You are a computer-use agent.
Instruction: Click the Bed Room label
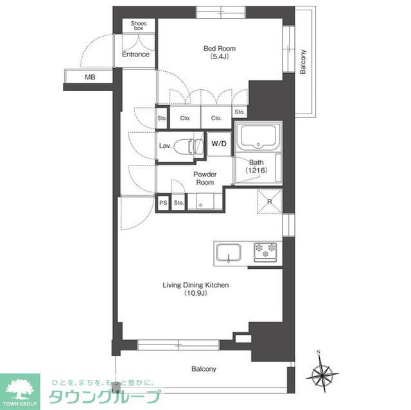pyautogui.click(x=220, y=48)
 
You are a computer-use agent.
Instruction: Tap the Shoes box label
pyautogui.click(x=139, y=26)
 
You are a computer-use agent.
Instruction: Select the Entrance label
pyautogui.click(x=136, y=55)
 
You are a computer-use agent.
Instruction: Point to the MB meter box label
pyautogui.click(x=90, y=77)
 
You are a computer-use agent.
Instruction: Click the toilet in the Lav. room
pyautogui.click(x=189, y=146)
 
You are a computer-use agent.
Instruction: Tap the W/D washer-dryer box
pyautogui.click(x=219, y=144)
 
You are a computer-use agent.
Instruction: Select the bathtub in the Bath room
pyautogui.click(x=258, y=137)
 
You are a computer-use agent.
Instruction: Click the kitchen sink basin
pyautogui.click(x=229, y=253)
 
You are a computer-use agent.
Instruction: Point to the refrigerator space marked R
pyautogui.click(x=270, y=201)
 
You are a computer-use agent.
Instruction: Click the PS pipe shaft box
pyautogui.click(x=163, y=203)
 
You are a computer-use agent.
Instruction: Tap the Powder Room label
pyautogui.click(x=205, y=178)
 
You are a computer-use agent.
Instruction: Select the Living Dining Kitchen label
pyautogui.click(x=195, y=285)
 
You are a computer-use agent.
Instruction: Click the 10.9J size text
pyautogui.click(x=195, y=293)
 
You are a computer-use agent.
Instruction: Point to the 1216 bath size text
pyautogui.click(x=256, y=171)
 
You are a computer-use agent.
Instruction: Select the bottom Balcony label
pyautogui.click(x=204, y=369)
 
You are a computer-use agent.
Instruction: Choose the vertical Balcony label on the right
pyautogui.click(x=302, y=62)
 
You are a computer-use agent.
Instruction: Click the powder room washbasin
pyautogui.click(x=201, y=201)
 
